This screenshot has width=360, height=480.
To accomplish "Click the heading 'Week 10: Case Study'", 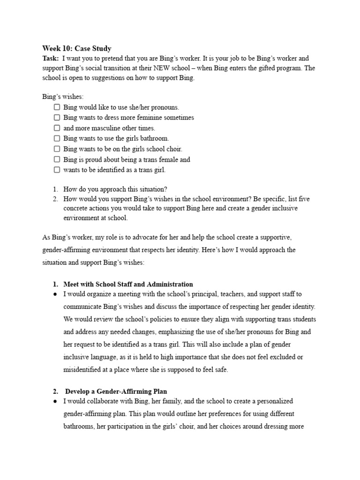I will click(77, 48).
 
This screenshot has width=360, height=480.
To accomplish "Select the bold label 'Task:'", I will click(51, 58).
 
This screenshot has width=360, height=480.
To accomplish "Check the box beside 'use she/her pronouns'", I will click(57, 107).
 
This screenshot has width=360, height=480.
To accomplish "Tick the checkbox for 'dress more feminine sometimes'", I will click(57, 118).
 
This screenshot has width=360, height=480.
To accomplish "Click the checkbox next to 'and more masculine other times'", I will click(57, 128).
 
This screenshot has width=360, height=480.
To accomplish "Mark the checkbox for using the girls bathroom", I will click(57, 138).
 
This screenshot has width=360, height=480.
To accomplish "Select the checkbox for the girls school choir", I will click(57, 149).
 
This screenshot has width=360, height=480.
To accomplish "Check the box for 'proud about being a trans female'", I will click(57, 159).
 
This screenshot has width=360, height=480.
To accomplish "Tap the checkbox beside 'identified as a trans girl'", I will click(57, 170).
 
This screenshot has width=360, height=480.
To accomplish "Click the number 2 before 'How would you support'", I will click(55, 199).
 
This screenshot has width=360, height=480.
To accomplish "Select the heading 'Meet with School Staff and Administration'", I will click(128, 284).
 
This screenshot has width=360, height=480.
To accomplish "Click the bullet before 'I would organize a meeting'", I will click(55, 294).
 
